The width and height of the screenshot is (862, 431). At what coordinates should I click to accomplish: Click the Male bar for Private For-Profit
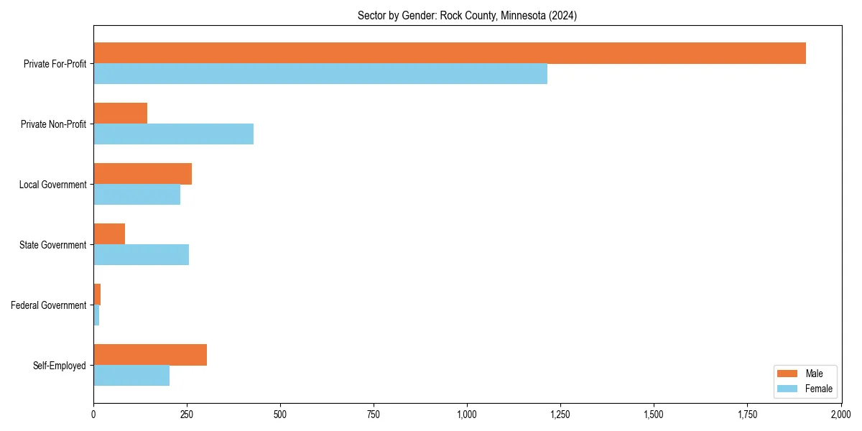450,53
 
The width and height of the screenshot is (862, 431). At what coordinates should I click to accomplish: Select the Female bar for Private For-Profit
320,74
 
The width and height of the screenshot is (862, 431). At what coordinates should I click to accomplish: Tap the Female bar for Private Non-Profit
173,134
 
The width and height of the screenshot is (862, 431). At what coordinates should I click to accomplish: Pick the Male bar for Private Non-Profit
120,113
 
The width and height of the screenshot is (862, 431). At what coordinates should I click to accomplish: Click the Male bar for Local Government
142,174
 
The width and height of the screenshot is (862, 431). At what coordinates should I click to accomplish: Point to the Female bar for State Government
141,255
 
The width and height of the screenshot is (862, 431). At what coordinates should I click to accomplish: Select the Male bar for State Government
109,234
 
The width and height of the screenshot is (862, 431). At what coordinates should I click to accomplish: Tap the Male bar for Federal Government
97,295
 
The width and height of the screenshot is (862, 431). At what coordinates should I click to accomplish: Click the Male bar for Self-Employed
150,355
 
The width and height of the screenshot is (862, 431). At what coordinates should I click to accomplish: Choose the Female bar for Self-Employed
131,376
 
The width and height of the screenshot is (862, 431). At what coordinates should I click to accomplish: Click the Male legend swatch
787,374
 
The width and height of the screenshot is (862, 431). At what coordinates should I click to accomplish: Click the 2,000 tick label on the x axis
840,414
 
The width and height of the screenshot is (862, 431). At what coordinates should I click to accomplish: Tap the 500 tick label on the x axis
280,414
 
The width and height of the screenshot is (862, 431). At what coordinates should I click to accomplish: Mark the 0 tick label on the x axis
93,414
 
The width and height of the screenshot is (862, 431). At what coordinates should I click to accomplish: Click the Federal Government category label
49,305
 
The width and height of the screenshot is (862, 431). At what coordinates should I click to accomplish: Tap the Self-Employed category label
60,366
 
